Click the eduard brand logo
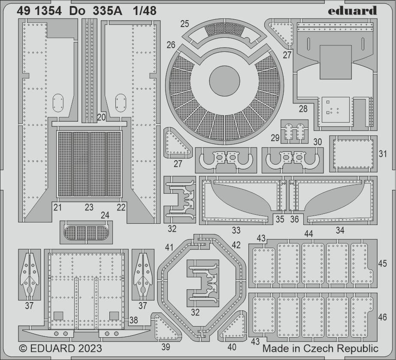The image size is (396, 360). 352,11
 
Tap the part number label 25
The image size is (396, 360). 184,24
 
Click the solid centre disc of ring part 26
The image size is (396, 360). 224,81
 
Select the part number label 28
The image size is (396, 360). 303,109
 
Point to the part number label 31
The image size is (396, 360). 383,153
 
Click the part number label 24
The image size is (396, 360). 105,215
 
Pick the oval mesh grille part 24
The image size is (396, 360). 86,232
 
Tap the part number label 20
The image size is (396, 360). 102,117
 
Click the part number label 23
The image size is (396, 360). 89,207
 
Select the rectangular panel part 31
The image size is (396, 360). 354,153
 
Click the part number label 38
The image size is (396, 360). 133,320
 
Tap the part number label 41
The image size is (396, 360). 169,247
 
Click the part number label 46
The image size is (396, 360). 383,317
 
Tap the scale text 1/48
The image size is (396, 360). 145,11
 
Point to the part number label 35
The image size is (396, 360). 280,219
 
